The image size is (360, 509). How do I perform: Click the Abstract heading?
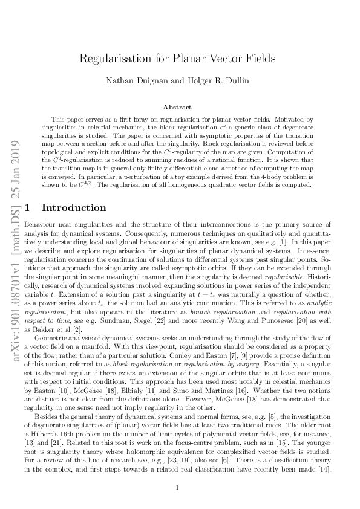[180, 106]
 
